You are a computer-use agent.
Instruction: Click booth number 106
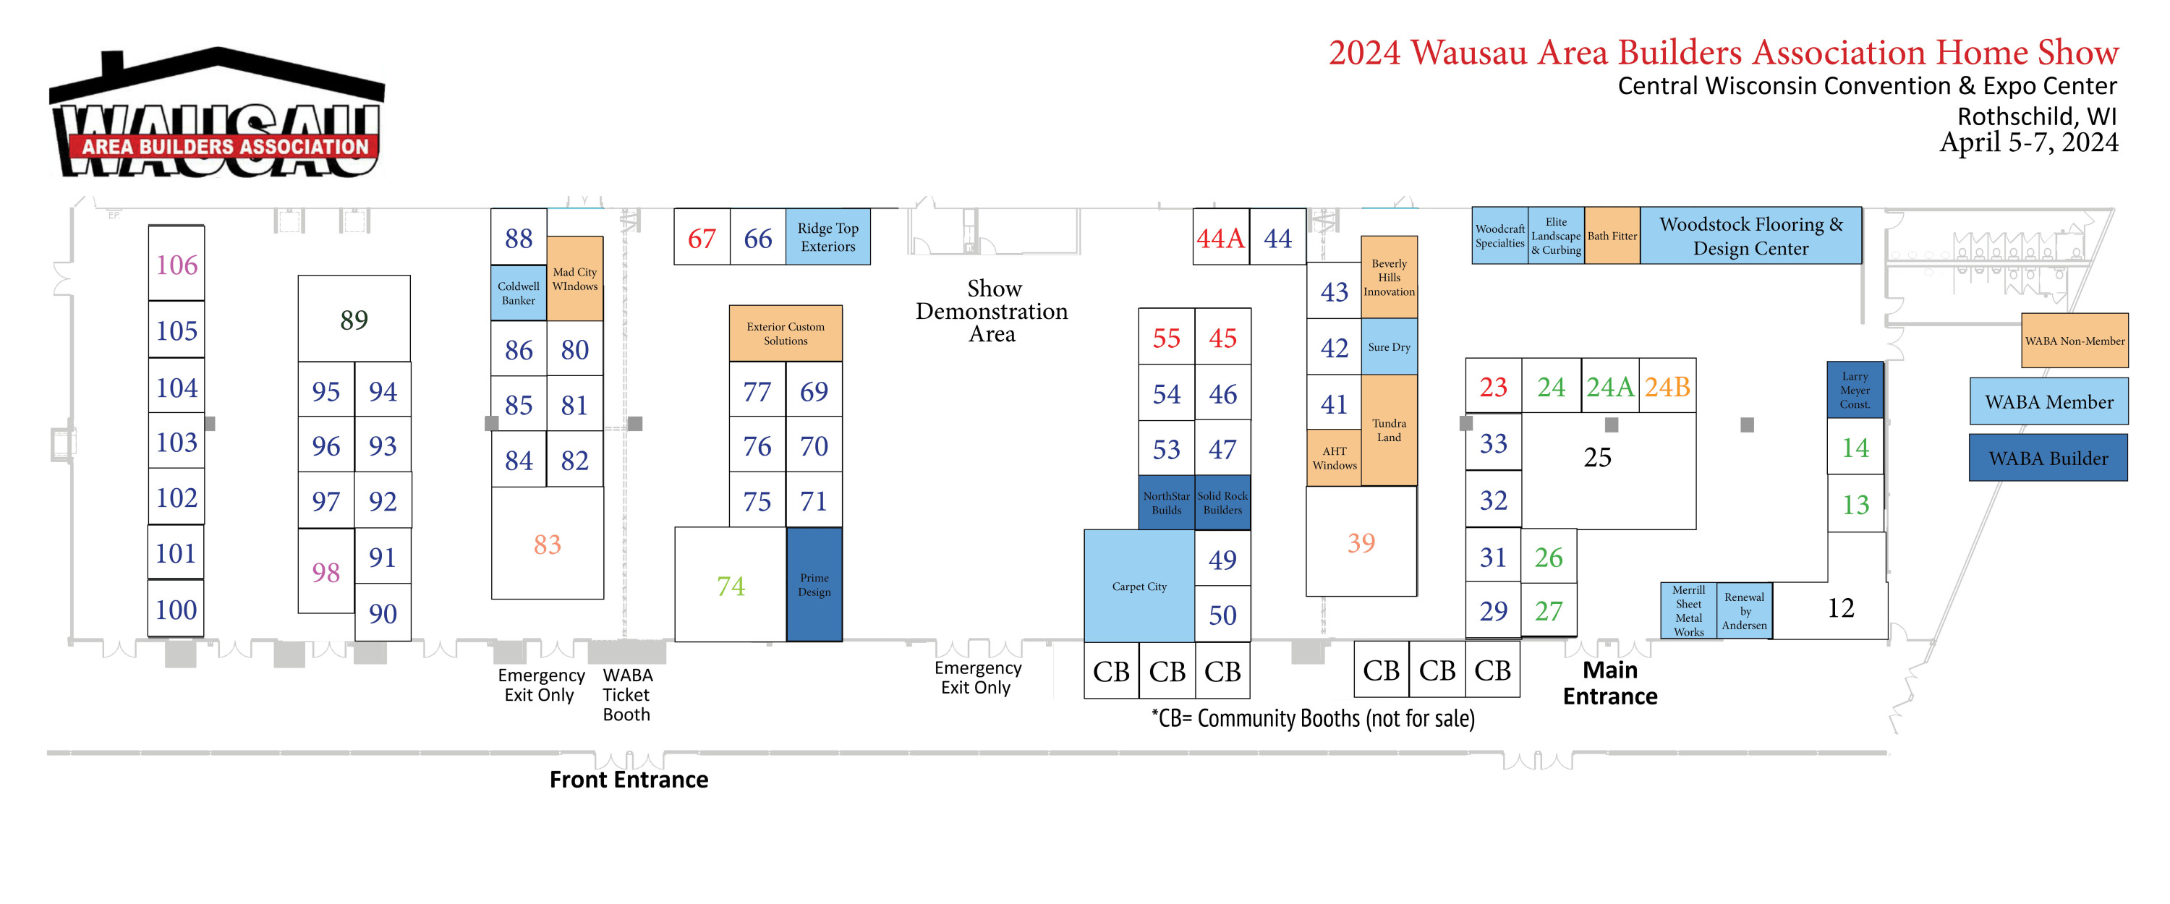coord(176,265)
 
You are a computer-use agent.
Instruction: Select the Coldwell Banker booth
coord(518,293)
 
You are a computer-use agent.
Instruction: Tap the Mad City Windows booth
coord(574,279)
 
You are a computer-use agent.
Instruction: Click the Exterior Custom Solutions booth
coord(785,333)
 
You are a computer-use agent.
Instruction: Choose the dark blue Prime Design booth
coord(814,584)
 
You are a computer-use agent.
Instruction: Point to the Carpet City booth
coord(1139,587)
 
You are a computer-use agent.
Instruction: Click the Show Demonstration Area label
coord(992,311)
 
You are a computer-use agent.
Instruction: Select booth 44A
coord(1221,239)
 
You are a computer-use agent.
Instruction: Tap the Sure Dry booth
coord(1389,347)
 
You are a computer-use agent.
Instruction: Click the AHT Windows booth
coord(1335,459)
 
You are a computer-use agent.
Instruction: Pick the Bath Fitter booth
coord(1612,236)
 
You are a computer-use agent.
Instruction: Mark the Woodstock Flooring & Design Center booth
coord(1750,236)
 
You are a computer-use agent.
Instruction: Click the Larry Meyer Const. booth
coord(1854,390)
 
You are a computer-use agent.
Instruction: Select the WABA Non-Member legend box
coord(2074,341)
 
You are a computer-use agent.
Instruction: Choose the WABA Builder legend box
coord(2048,459)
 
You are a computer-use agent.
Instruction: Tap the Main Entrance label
coord(1610,683)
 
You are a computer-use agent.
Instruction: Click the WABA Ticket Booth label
coord(626,695)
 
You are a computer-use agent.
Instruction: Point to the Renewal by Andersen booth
coord(1744,611)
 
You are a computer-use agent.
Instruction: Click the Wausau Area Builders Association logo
coord(217,114)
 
